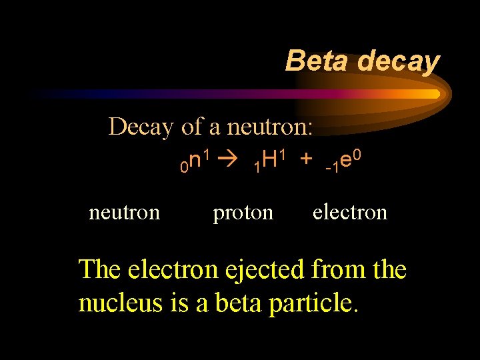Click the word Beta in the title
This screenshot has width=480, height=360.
[319, 61]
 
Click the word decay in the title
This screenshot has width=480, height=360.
[398, 62]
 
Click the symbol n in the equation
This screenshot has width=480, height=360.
[195, 161]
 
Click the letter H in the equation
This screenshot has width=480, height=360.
[269, 161]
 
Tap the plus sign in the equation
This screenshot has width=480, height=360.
[305, 161]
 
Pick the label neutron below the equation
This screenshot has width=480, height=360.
[124, 213]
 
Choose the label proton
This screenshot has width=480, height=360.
[243, 213]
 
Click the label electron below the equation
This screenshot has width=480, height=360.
[349, 213]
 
